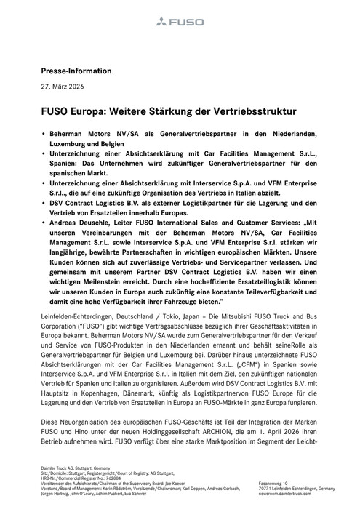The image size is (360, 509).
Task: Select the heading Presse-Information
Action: pos(76,71)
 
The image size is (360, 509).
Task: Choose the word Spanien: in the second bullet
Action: pos(65,166)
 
